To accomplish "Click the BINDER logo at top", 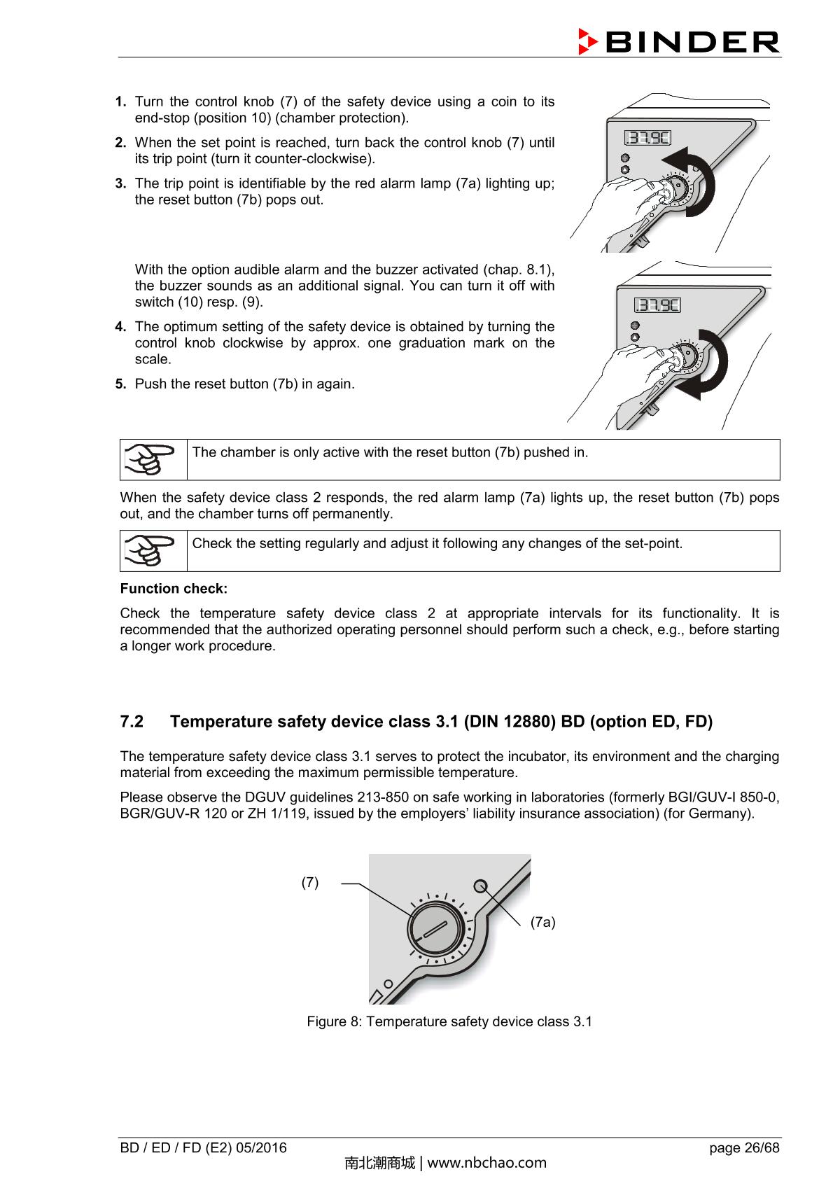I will pyautogui.click(x=679, y=42).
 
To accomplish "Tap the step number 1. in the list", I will pyautogui.click(x=120, y=102).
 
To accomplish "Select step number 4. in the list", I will pyautogui.click(x=120, y=327).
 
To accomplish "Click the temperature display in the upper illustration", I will pyautogui.click(x=647, y=138).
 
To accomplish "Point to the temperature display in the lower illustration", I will pyautogui.click(x=657, y=305).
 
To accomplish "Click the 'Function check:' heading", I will pyautogui.click(x=174, y=589).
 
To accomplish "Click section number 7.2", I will pyautogui.click(x=132, y=722).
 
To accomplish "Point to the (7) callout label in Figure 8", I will pyautogui.click(x=310, y=882).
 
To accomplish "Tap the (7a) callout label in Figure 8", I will pyautogui.click(x=542, y=922).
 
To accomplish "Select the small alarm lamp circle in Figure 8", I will pyautogui.click(x=480, y=886).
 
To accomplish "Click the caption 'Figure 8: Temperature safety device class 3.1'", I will pyautogui.click(x=449, y=1021).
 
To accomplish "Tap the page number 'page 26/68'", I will pyautogui.click(x=743, y=1148).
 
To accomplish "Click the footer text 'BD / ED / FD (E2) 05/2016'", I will pyautogui.click(x=203, y=1148).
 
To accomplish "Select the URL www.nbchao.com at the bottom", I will pyautogui.click(x=486, y=1163).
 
